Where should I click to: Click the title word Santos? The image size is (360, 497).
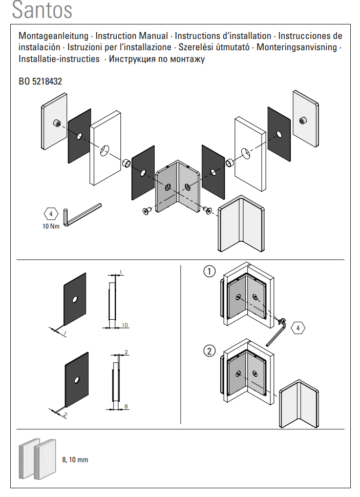41,10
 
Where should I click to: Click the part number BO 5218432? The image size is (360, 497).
40,81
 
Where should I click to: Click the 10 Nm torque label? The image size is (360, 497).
51,225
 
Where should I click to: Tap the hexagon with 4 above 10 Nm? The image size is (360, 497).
51,214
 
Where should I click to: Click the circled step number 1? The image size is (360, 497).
209,272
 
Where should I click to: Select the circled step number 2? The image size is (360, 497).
209,351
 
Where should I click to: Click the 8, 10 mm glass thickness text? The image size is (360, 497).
75,460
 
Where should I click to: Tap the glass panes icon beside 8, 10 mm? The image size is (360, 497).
37,459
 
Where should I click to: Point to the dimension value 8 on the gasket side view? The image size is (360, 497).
125,406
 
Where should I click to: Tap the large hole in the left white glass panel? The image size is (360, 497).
104,150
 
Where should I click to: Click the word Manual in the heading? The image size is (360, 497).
154,36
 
